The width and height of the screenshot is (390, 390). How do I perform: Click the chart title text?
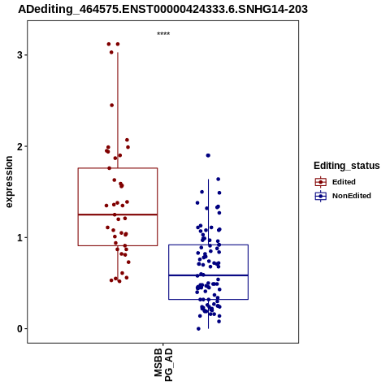162,9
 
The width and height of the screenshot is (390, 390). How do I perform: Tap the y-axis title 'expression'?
9,182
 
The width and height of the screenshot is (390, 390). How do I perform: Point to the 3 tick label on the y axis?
19,55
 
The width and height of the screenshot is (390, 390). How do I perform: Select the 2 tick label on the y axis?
19,146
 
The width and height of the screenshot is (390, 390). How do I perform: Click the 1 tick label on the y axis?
19,238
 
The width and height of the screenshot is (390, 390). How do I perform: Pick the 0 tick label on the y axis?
19,329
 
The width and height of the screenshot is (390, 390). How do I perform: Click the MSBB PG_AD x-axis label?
163,365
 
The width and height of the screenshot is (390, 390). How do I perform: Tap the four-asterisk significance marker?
163,33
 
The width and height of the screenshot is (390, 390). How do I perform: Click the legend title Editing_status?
347,166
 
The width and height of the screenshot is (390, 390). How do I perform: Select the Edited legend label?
344,182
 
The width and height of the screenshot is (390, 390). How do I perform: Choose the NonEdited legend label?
352,196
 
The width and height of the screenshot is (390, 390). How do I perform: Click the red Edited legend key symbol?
321,182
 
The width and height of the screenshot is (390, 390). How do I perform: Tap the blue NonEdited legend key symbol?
321,196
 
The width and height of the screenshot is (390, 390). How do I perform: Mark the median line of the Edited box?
118,214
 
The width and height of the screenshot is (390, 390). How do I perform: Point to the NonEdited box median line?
208,275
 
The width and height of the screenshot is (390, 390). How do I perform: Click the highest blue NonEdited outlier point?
208,155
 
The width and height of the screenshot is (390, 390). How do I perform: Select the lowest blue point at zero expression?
198,329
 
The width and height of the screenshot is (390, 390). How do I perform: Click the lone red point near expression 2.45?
112,105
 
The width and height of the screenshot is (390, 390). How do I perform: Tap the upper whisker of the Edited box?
118,110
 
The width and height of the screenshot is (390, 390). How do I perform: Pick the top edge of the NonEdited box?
208,245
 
